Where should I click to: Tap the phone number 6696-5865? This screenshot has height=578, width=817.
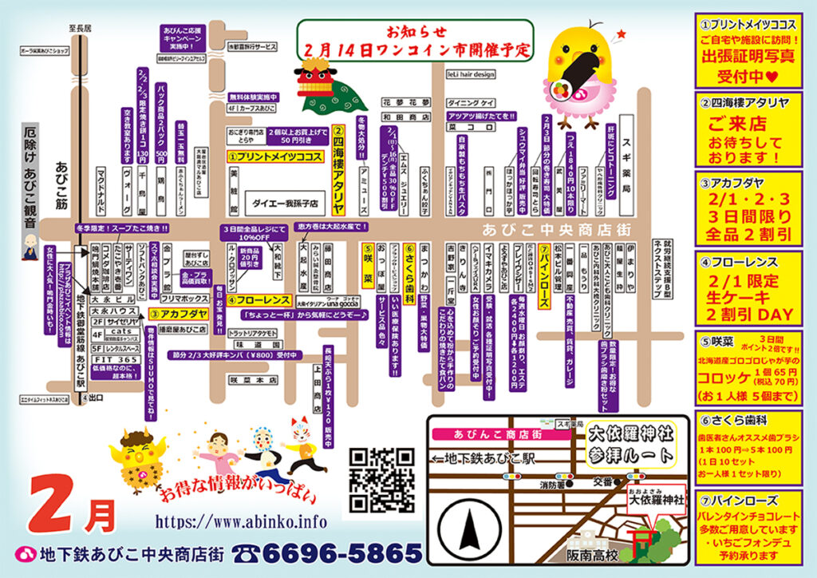(327, 552)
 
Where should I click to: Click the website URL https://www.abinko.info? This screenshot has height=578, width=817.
(241, 521)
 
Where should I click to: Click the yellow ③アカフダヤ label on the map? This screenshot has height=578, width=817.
(178, 314)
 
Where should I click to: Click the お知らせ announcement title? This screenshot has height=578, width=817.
(412, 33)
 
